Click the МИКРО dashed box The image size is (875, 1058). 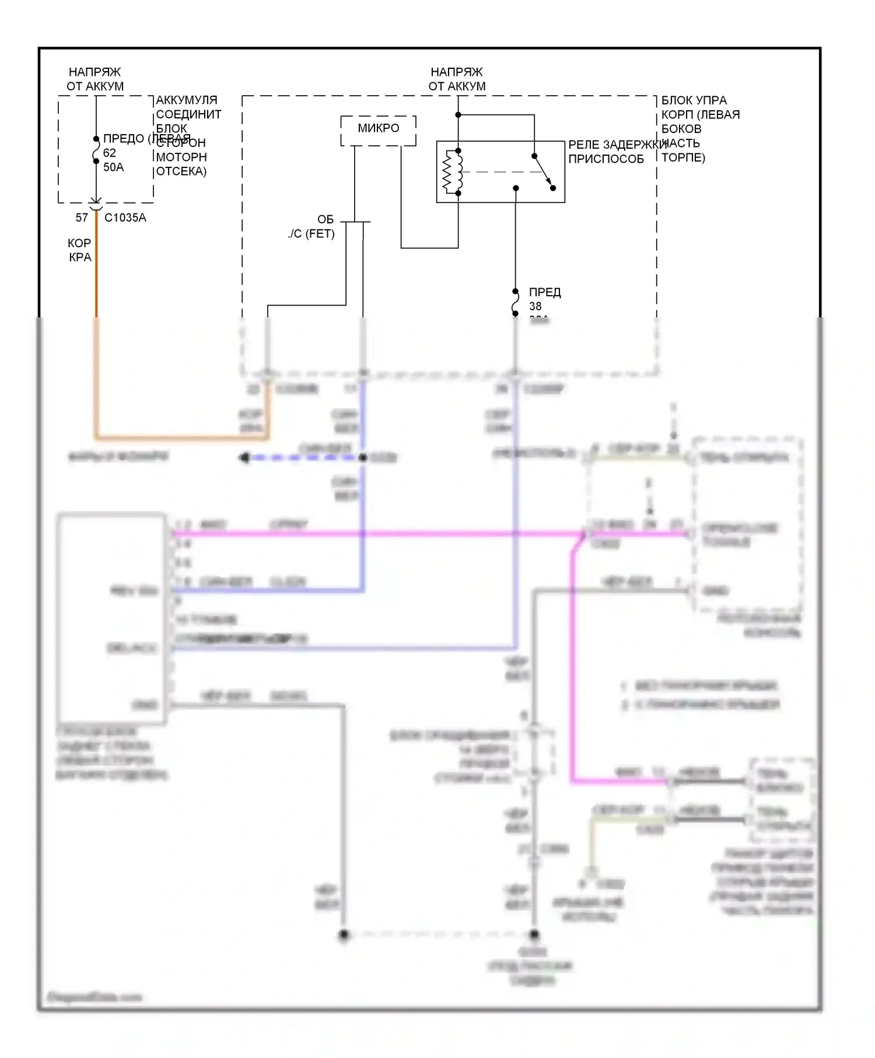click(378, 131)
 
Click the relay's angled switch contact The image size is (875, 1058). click(544, 172)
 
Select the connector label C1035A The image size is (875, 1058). click(125, 218)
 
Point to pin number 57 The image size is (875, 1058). click(82, 218)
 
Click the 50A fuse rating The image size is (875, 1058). click(114, 167)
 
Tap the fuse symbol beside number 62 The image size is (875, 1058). click(96, 150)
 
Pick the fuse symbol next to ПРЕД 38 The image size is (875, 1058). click(515, 303)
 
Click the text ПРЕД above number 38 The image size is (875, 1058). click(545, 292)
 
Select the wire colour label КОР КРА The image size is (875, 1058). click(80, 250)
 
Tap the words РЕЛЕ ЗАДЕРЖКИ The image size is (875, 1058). click(617, 145)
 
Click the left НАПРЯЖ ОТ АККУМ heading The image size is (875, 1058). click(95, 79)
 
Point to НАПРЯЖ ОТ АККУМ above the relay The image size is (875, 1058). click(457, 79)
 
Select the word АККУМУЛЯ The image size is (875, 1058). click(186, 100)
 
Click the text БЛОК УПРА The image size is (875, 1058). click(694, 100)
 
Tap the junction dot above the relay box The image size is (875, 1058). click(458, 115)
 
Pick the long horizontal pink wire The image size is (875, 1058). click(373, 533)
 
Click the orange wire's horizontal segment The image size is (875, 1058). click(181, 437)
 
